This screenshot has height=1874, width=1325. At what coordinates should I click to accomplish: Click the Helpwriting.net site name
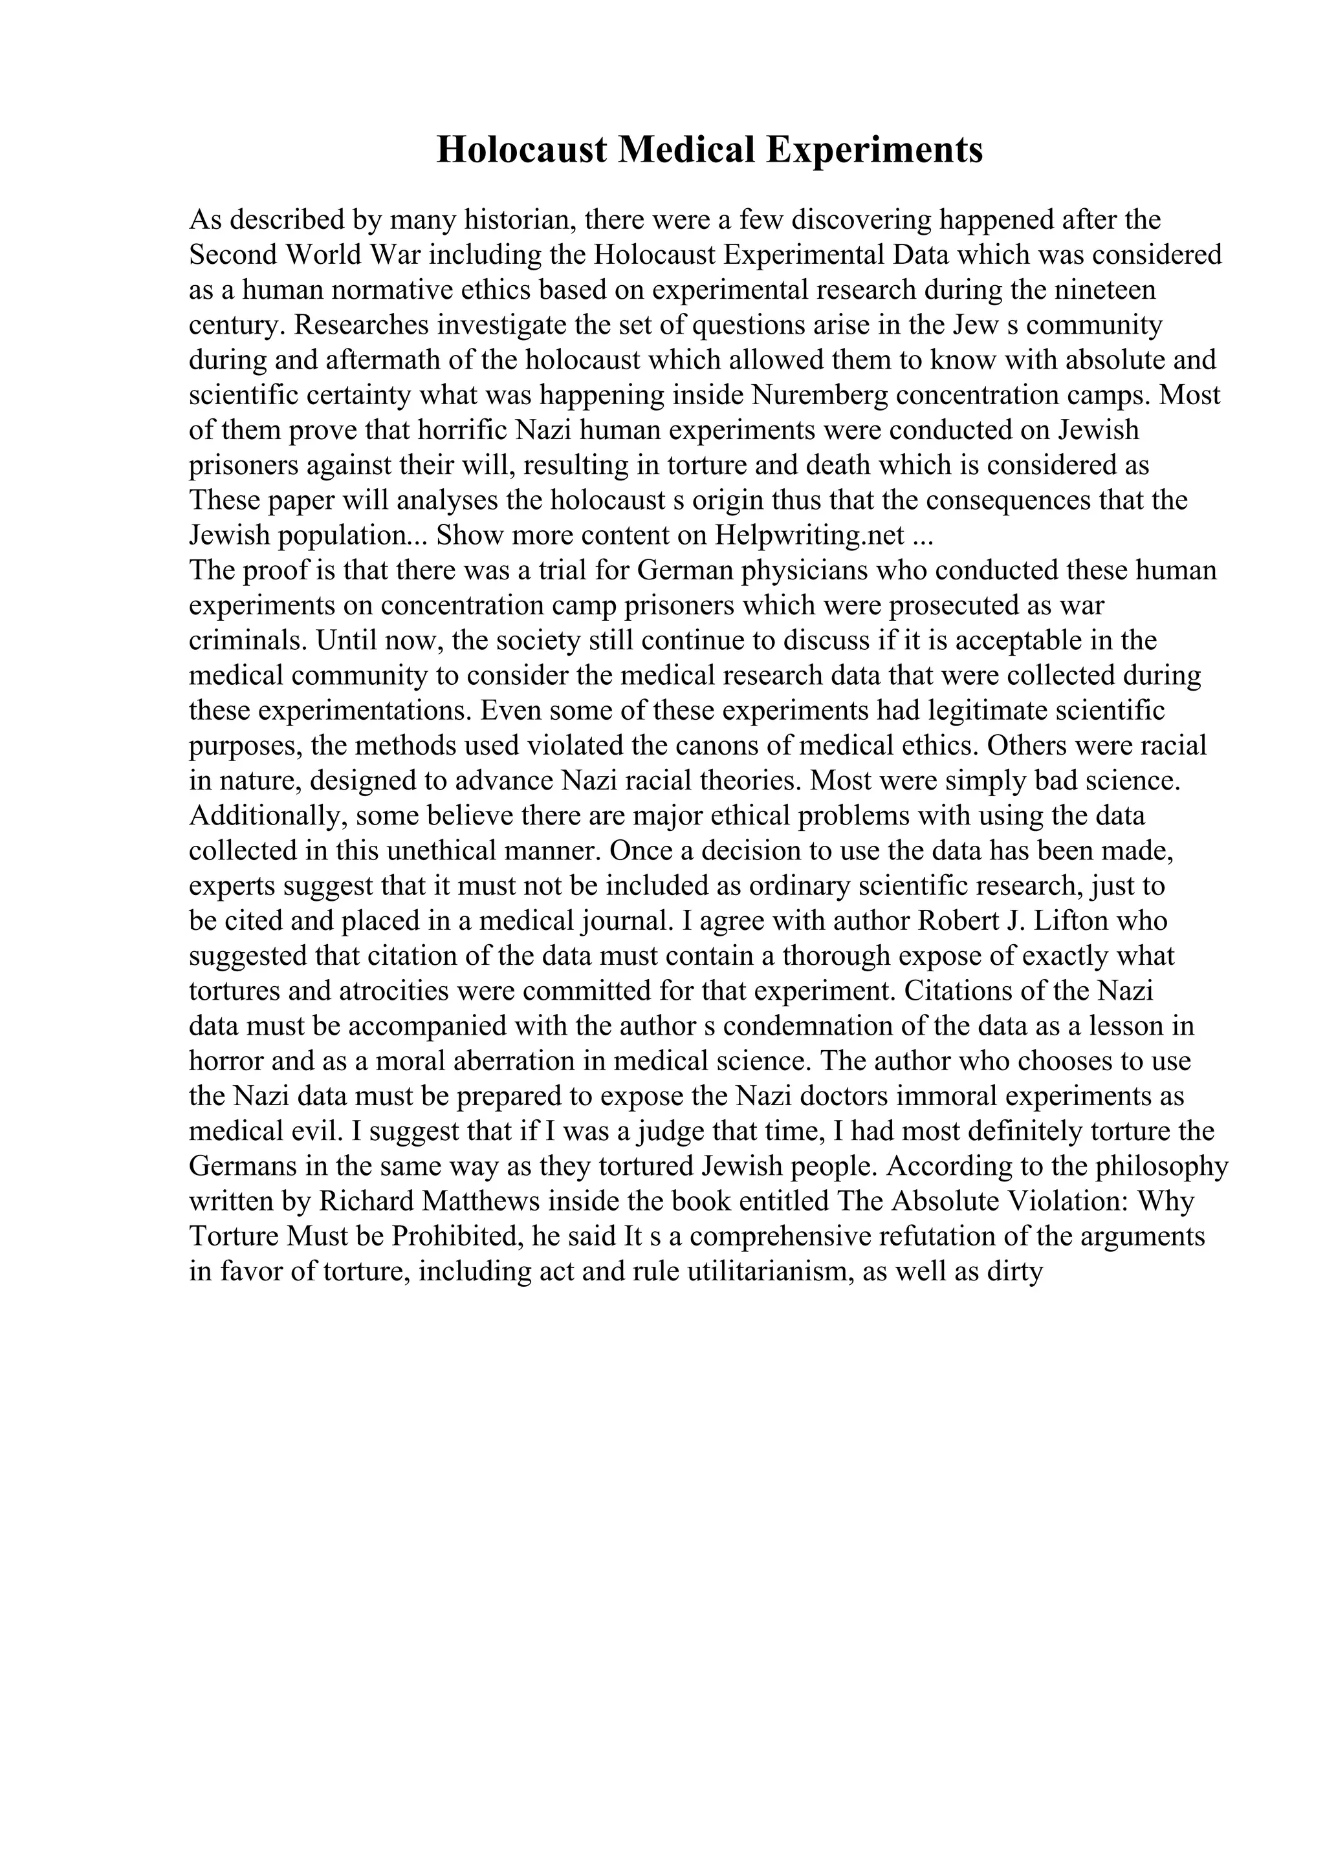[x=810, y=535]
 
